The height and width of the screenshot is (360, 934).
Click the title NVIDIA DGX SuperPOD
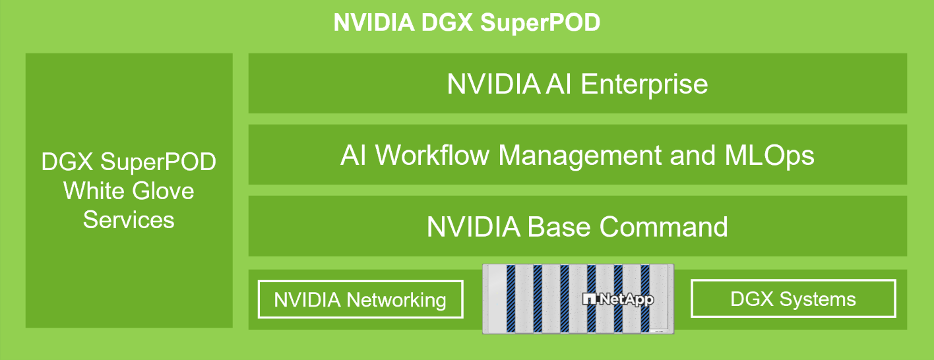point(467,23)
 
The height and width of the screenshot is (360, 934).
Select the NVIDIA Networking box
point(360,300)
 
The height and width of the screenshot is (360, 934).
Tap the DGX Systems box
point(793,299)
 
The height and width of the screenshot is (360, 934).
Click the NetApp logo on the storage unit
point(618,299)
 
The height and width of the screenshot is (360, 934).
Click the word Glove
point(162,191)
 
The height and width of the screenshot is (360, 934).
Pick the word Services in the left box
point(129,220)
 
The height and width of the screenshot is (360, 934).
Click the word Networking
point(396,300)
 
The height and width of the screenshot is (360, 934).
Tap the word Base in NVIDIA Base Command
point(560,227)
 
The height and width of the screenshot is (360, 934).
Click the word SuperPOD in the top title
point(540,23)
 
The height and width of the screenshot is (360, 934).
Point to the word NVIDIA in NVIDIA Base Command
point(473,227)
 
